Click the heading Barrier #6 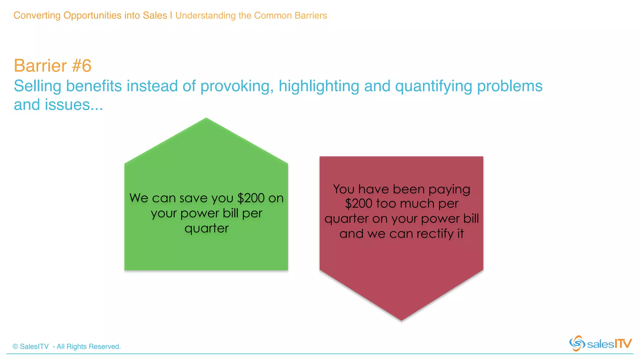click(52, 66)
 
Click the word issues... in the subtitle click(74, 105)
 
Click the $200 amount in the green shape click(251, 198)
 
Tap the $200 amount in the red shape click(358, 204)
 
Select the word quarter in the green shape click(207, 229)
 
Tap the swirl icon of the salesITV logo click(577, 343)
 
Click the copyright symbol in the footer click(15, 347)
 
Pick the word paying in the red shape click(449, 190)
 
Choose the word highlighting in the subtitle click(319, 86)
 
